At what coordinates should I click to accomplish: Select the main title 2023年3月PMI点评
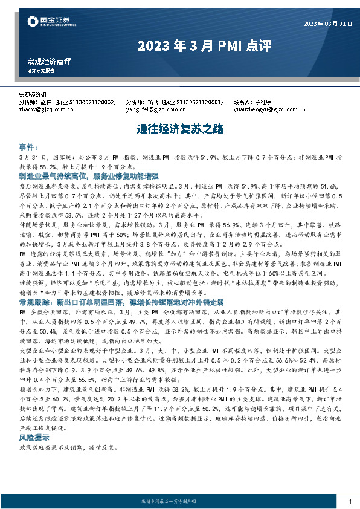point(179,45)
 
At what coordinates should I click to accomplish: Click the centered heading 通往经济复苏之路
point(179,128)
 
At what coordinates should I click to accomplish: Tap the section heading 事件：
point(29,147)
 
